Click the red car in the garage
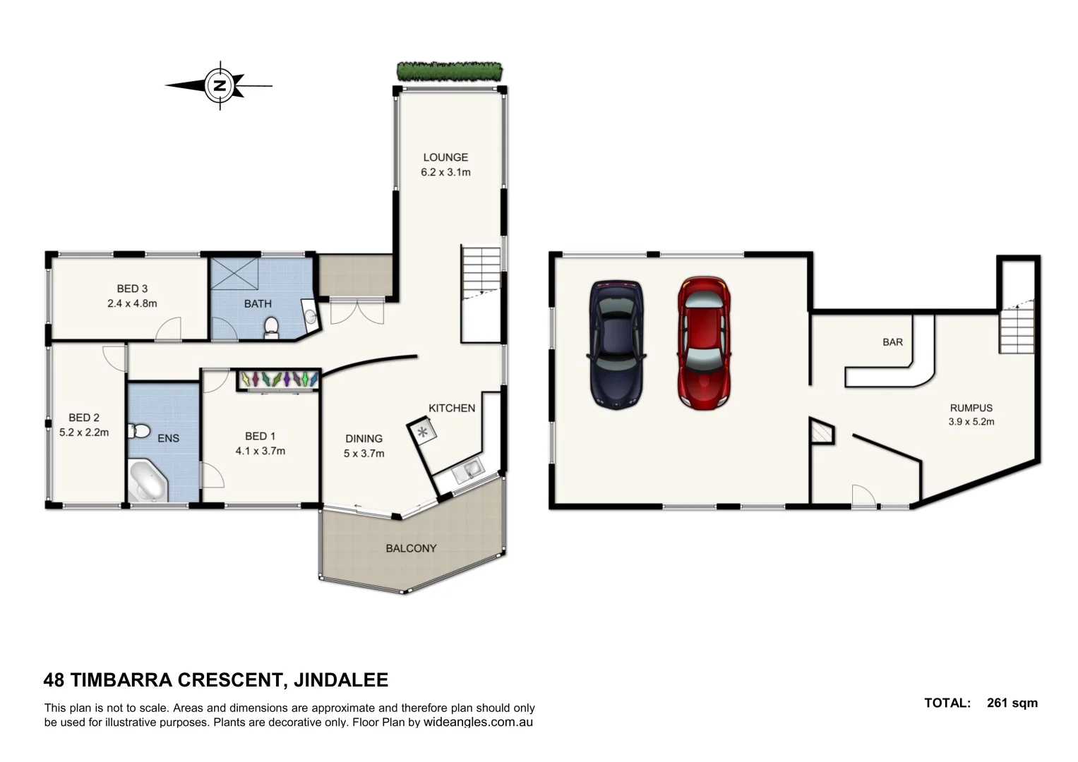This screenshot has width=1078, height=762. point(704,343)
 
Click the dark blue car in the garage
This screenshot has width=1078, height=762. point(616,344)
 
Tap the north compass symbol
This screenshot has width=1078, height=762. point(220,85)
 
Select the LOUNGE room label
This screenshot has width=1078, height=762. point(445,157)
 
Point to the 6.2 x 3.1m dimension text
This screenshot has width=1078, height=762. point(445,172)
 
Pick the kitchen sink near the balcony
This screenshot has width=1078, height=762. point(467,471)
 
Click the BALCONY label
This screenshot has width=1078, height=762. point(411,548)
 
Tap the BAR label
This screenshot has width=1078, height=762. point(892,342)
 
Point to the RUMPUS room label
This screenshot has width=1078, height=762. point(971,408)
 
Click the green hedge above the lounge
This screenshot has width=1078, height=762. point(450,71)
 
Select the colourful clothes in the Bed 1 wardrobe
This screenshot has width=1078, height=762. point(277,379)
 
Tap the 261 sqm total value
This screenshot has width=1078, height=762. point(1012,703)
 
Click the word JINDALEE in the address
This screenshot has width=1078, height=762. point(340,680)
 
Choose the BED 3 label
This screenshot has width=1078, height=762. point(132,289)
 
